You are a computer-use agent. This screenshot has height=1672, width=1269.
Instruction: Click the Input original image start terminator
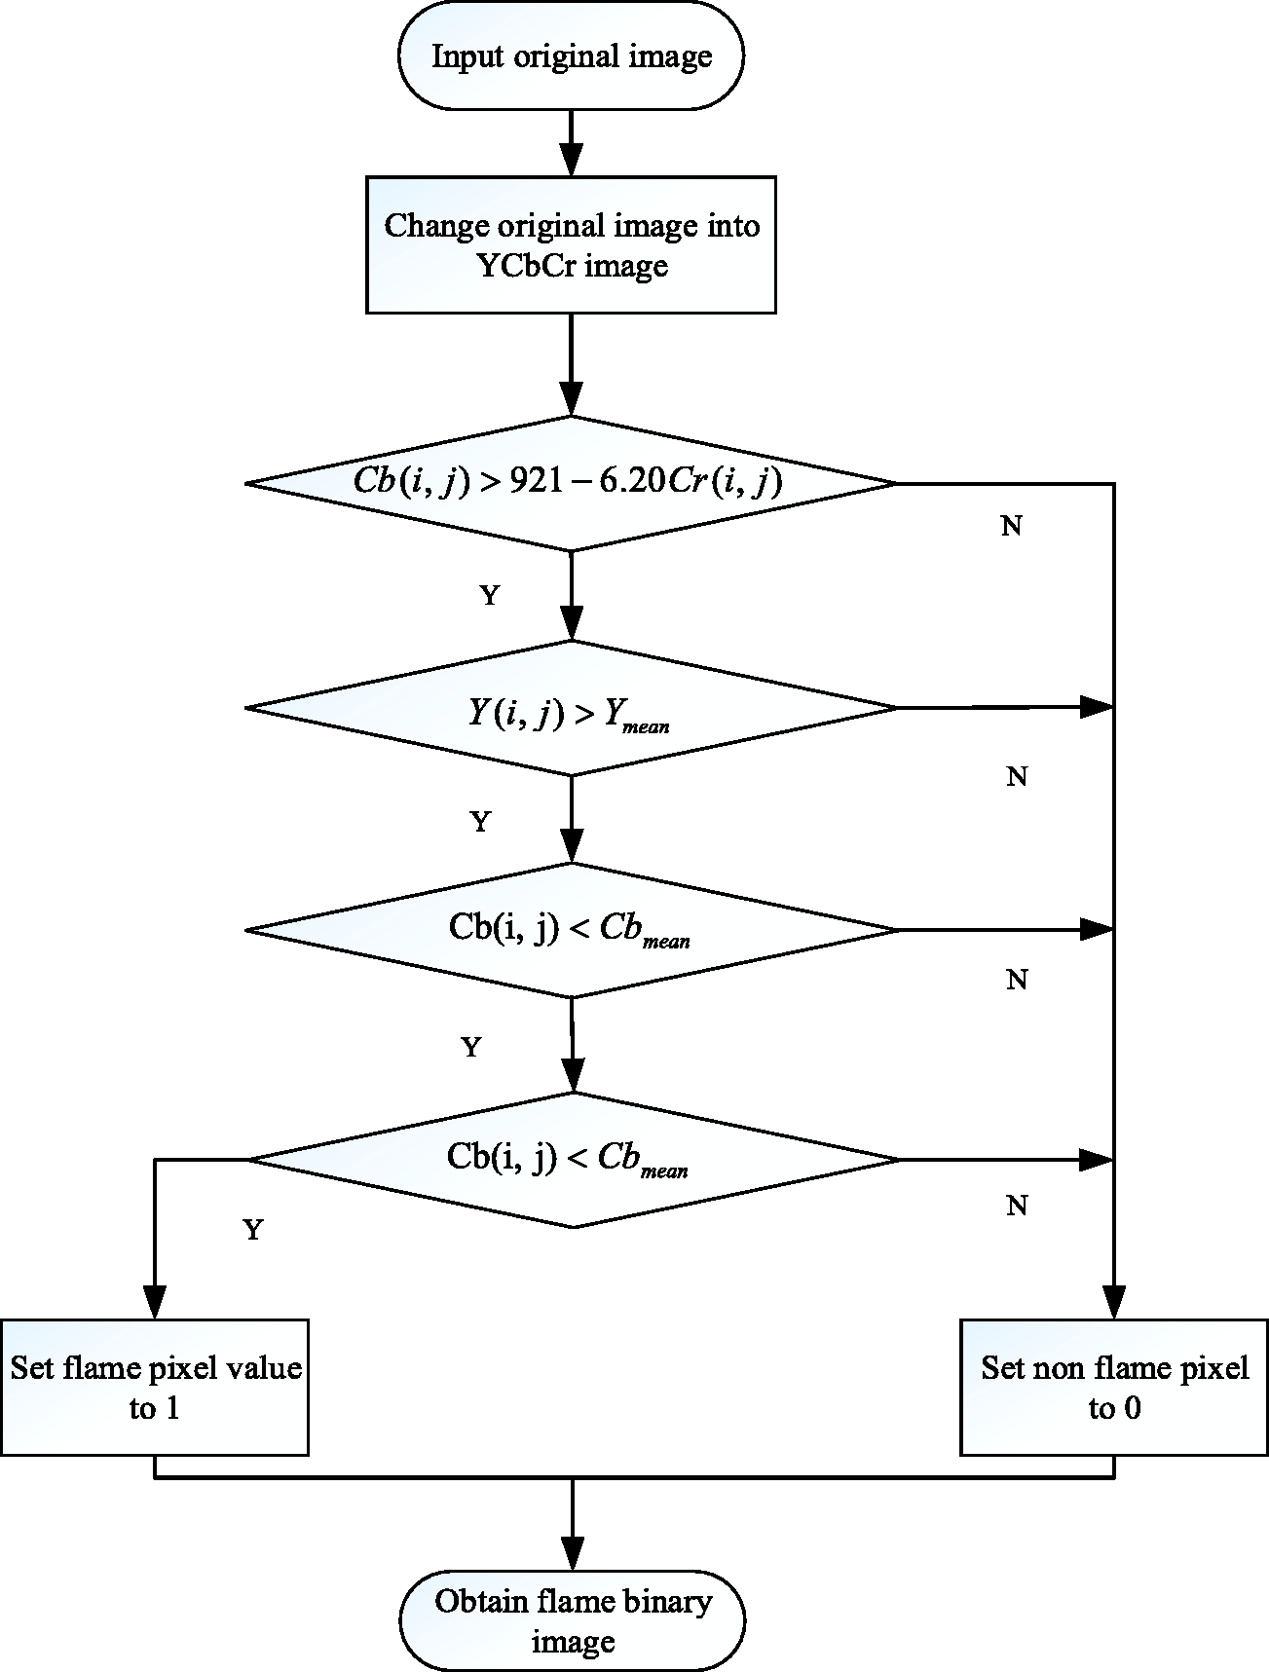coord(571,56)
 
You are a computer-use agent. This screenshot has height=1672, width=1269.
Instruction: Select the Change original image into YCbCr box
coord(571,244)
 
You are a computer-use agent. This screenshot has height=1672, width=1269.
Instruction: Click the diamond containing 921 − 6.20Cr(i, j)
coord(571,483)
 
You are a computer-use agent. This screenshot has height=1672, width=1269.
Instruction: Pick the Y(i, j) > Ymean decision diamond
coord(571,708)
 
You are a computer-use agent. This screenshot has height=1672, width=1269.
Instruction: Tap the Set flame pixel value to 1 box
coord(155,1387)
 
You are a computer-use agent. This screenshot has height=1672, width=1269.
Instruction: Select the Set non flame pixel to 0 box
coord(1114,1387)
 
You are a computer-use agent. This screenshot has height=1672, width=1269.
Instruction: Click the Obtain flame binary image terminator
coord(572,1620)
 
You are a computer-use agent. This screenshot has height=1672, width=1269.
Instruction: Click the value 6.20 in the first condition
coord(632,483)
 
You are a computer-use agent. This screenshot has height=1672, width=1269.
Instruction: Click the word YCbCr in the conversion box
coord(526,266)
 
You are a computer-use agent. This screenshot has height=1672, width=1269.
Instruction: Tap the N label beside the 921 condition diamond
coord(1012,526)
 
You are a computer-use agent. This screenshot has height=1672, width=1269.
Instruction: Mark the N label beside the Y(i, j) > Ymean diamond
coord(1017,776)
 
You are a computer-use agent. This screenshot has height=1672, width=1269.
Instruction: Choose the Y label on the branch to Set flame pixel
coord(253,1230)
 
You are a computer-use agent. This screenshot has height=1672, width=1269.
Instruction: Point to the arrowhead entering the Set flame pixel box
coord(155,1302)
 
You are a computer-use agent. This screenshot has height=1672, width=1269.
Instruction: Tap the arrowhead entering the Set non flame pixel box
coord(1114,1302)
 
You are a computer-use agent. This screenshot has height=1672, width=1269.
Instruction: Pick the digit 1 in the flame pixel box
coord(171,1408)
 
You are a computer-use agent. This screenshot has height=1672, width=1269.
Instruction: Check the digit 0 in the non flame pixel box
coord(1132,1408)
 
